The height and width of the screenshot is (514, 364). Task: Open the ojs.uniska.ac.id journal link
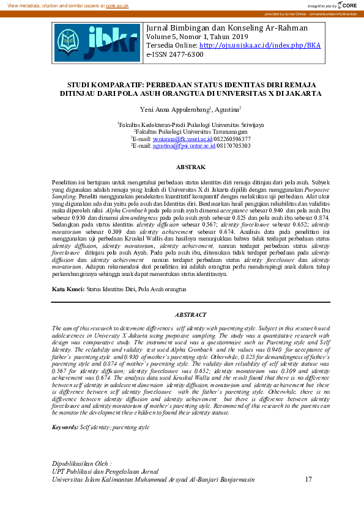[x=260, y=45]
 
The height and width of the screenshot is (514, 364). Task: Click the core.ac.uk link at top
[x=117, y=5]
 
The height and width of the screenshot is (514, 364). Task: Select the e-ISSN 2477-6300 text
[x=174, y=54]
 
